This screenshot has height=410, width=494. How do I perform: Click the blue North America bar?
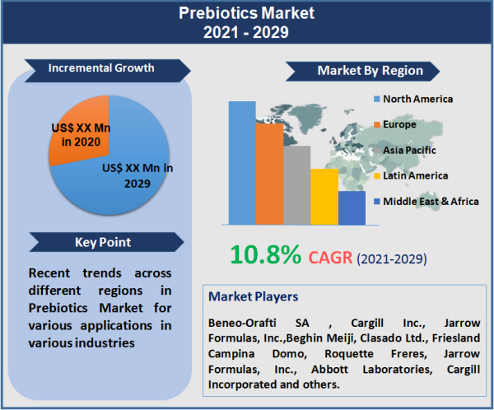242,163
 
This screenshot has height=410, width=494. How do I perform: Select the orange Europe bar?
269,174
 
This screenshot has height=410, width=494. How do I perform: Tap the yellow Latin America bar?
324,197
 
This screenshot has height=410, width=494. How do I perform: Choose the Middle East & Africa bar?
352,207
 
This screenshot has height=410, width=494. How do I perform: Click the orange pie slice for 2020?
78,136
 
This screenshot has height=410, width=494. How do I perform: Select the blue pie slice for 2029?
123,177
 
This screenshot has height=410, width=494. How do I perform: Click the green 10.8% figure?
265,255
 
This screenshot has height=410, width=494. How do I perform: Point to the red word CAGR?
330,258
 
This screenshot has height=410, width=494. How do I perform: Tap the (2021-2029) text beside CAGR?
391,259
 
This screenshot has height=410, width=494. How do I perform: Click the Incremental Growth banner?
100,68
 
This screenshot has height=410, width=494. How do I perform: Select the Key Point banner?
102,243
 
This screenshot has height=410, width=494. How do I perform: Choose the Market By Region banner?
370,71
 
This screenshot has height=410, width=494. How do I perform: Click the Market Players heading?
253,296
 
